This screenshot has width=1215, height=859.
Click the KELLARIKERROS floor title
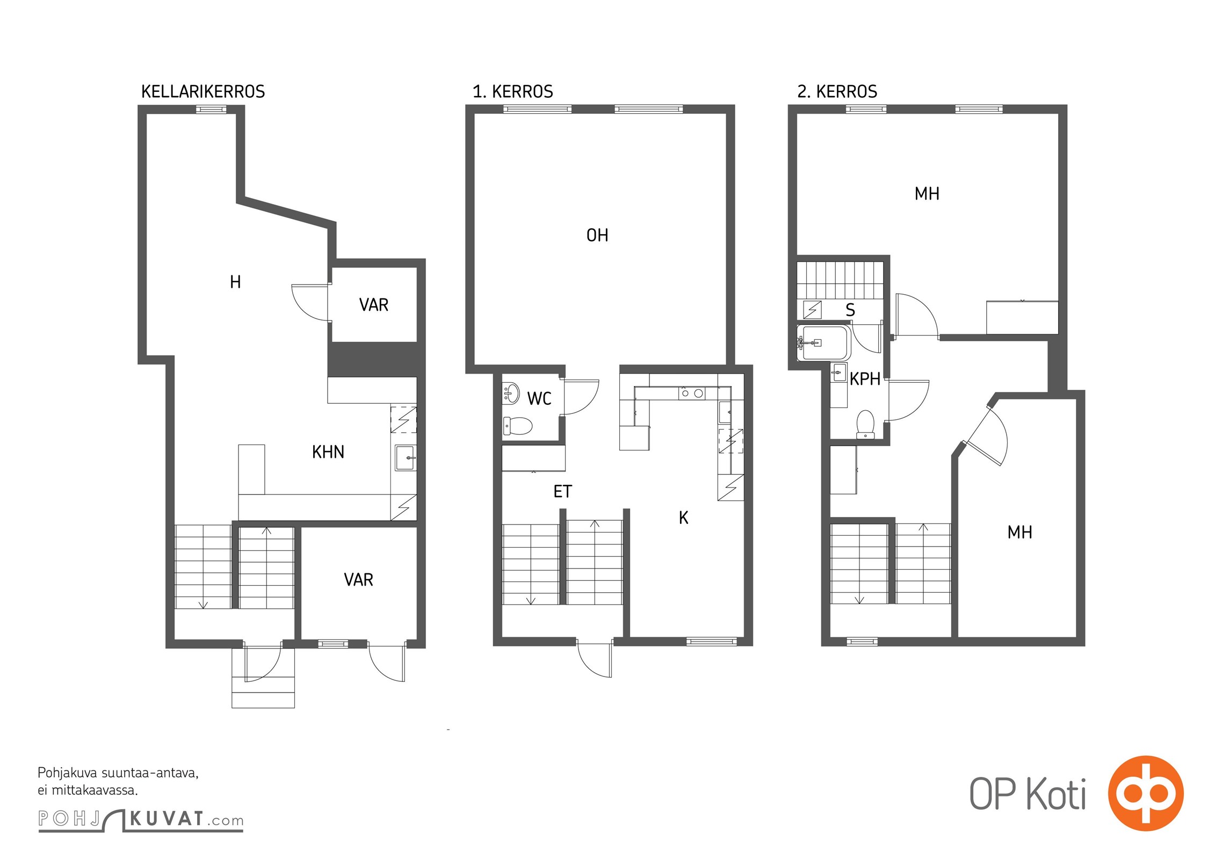pyautogui.click(x=203, y=92)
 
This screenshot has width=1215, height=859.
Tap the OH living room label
pyautogui.click(x=597, y=235)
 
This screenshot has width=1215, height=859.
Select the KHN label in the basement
pyautogui.click(x=328, y=452)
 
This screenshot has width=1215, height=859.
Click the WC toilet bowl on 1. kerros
pyautogui.click(x=518, y=426)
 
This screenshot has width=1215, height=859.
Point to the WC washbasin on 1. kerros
pyautogui.click(x=511, y=393)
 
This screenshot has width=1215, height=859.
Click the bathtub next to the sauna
pyautogui.click(x=823, y=343)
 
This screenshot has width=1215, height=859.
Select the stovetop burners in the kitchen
pyautogui.click(x=692, y=394)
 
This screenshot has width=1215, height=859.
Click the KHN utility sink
pyautogui.click(x=406, y=458)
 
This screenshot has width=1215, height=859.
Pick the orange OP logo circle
pyautogui.click(x=1146, y=794)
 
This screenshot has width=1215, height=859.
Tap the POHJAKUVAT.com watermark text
pyautogui.click(x=141, y=820)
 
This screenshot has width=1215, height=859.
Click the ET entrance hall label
pyautogui.click(x=562, y=491)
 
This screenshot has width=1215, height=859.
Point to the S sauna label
pyautogui.click(x=850, y=310)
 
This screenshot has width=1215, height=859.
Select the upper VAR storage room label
pyautogui.click(x=374, y=305)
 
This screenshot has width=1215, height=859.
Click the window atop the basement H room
pyautogui.click(x=211, y=110)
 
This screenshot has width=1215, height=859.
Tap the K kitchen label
pyautogui.click(x=683, y=518)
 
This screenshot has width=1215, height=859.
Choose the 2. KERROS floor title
pyautogui.click(x=837, y=92)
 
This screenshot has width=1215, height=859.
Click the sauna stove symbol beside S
pyautogui.click(x=812, y=310)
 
